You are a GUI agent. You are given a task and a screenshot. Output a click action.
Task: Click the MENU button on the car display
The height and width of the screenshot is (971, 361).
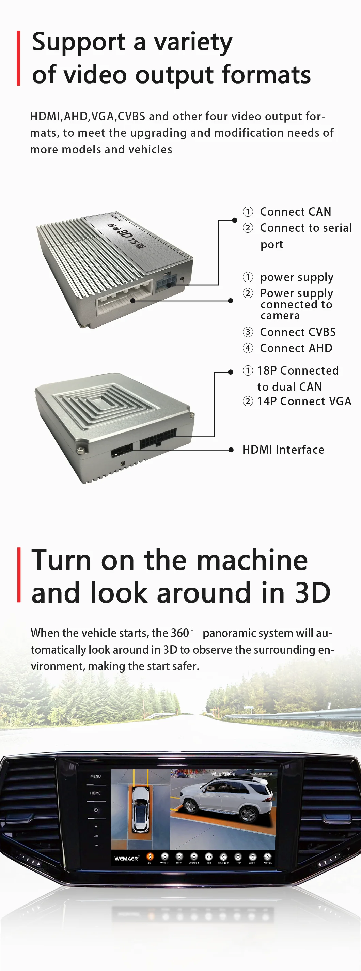(95, 776)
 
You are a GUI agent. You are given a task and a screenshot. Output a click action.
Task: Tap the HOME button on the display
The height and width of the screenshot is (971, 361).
(95, 793)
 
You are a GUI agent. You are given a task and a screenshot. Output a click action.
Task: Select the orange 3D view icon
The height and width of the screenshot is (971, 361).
(150, 857)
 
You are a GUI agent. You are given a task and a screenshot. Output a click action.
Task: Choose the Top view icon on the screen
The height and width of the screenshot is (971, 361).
(209, 857)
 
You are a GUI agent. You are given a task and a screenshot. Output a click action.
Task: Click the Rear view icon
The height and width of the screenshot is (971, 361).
(238, 857)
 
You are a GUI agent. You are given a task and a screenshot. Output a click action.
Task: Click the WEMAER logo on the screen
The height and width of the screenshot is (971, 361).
(127, 858)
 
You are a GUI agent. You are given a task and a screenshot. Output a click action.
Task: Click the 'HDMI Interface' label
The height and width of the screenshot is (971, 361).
(283, 450)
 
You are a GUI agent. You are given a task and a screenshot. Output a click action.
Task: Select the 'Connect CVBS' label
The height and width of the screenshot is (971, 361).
(298, 332)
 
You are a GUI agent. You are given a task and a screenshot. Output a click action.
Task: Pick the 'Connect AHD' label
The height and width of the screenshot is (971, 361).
(296, 348)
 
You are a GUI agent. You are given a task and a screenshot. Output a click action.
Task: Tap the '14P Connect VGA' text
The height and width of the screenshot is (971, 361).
(304, 401)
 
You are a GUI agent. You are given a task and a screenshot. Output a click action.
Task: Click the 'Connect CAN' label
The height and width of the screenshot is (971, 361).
(295, 212)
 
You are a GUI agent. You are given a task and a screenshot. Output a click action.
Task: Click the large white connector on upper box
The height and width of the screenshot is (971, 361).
(124, 298)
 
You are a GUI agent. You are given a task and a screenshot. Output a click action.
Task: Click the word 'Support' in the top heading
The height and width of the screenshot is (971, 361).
(78, 42)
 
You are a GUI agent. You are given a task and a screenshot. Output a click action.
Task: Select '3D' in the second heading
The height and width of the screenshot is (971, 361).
(312, 593)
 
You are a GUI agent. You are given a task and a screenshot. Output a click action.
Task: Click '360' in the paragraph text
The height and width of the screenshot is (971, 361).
(179, 633)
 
